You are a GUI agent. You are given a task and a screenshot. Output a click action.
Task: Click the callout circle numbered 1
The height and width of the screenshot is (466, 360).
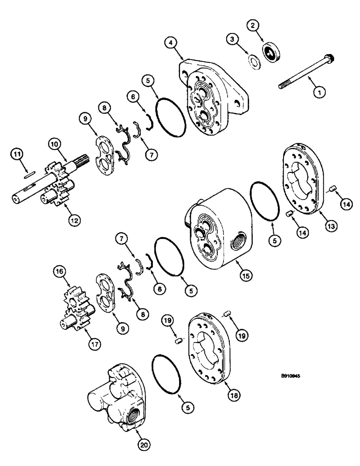(320, 92)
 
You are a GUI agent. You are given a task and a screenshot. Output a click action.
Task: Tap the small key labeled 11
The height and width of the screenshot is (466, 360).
(28, 175)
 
